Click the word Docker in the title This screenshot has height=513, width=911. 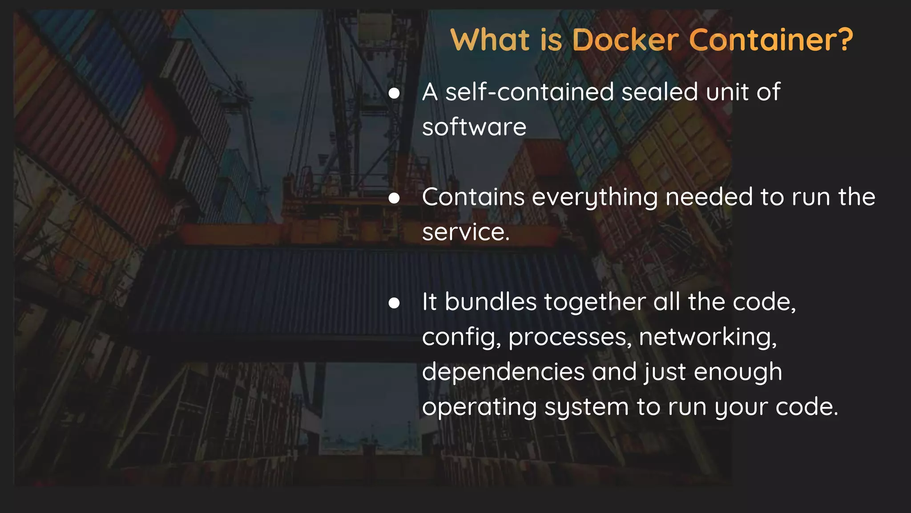tap(625, 40)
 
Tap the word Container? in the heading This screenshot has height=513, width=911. tap(771, 40)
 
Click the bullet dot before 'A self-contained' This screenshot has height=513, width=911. tap(394, 94)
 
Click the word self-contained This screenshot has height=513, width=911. tap(529, 92)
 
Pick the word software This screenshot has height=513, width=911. tap(474, 127)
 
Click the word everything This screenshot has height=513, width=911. tap(595, 198)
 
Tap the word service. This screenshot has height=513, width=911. tap(465, 232)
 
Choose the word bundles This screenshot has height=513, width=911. tap(491, 302)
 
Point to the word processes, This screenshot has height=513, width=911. tap(570, 338)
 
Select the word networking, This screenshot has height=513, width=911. tap(708, 337)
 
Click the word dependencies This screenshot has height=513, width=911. tap(503, 372)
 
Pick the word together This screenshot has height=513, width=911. tap(595, 302)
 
